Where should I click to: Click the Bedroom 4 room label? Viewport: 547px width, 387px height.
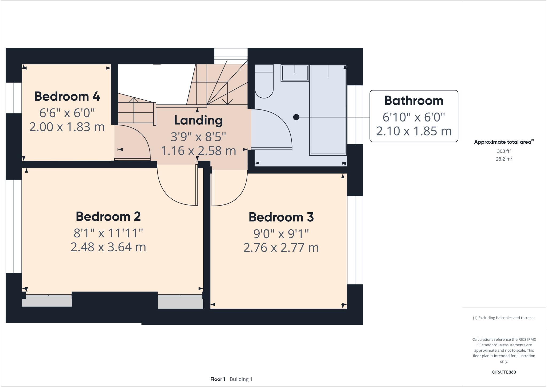pyautogui.click(x=67, y=96)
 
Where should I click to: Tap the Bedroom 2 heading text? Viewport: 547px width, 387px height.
pyautogui.click(x=108, y=216)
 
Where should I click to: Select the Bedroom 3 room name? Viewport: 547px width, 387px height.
pyautogui.click(x=281, y=217)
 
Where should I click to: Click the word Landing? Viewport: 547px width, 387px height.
pyautogui.click(x=198, y=120)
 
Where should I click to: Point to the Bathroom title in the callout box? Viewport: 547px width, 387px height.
pyautogui.click(x=413, y=101)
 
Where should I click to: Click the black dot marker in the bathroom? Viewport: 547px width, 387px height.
pyautogui.click(x=296, y=117)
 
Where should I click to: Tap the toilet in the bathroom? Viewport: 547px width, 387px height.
pyautogui.click(x=264, y=82)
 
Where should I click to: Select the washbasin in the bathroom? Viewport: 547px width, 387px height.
pyautogui.click(x=295, y=73)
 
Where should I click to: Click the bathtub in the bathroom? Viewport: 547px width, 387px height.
pyautogui.click(x=328, y=110)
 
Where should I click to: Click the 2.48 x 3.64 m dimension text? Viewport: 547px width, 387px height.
pyautogui.click(x=108, y=247)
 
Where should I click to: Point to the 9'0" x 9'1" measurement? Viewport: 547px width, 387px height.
pyautogui.click(x=281, y=234)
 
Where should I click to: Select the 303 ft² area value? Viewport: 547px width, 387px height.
pyautogui.click(x=504, y=151)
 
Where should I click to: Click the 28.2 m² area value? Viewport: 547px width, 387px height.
pyautogui.click(x=504, y=159)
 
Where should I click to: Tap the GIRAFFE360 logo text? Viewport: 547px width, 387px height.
pyautogui.click(x=504, y=372)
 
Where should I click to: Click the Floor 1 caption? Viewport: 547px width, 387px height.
pyautogui.click(x=218, y=379)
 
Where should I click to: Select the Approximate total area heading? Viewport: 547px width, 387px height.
pyautogui.click(x=503, y=142)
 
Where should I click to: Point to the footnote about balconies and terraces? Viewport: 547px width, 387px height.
pyautogui.click(x=504, y=318)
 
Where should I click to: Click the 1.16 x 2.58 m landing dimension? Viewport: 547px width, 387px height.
pyautogui.click(x=198, y=151)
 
